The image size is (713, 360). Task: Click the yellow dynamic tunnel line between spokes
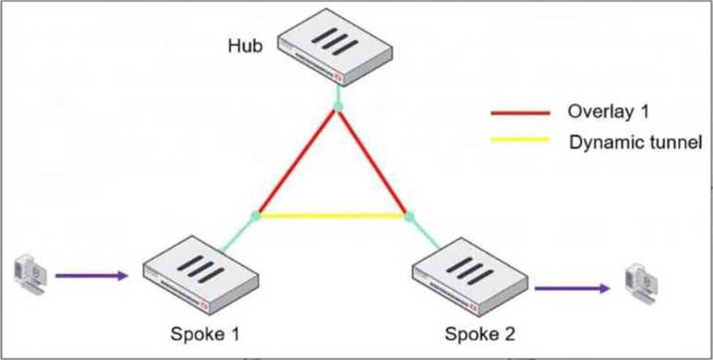tap(333, 216)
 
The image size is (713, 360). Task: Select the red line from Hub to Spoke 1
tap(296, 162)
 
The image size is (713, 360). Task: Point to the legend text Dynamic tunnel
tap(635, 140)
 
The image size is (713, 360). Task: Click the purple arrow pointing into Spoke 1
tap(92, 276)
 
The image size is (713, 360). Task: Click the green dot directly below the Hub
tap(337, 108)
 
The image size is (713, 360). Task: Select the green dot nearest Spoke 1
tap(255, 216)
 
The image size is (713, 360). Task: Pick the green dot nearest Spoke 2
tap(410, 216)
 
